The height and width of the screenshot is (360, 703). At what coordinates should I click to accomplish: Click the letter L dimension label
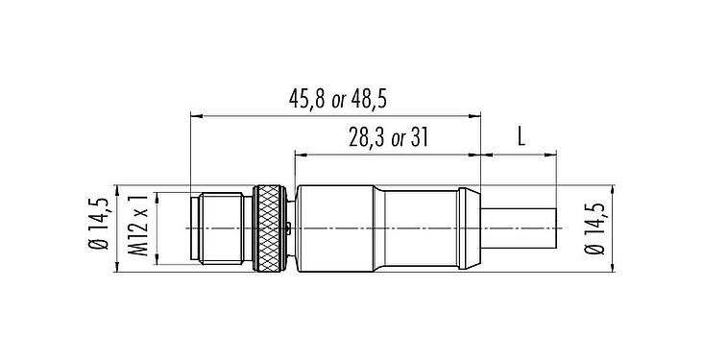[x=521, y=136]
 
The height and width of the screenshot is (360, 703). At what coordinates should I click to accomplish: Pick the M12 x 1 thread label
[x=139, y=228]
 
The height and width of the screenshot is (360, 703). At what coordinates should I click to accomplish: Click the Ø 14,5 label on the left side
[x=99, y=228]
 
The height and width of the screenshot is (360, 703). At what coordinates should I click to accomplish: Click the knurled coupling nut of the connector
[x=270, y=228]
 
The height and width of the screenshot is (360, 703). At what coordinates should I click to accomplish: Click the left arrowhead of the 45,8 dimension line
[x=197, y=117]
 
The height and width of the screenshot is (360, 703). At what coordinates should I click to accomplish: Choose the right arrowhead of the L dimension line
[x=551, y=155]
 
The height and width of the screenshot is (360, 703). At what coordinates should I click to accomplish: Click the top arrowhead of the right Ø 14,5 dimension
[x=613, y=188]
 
